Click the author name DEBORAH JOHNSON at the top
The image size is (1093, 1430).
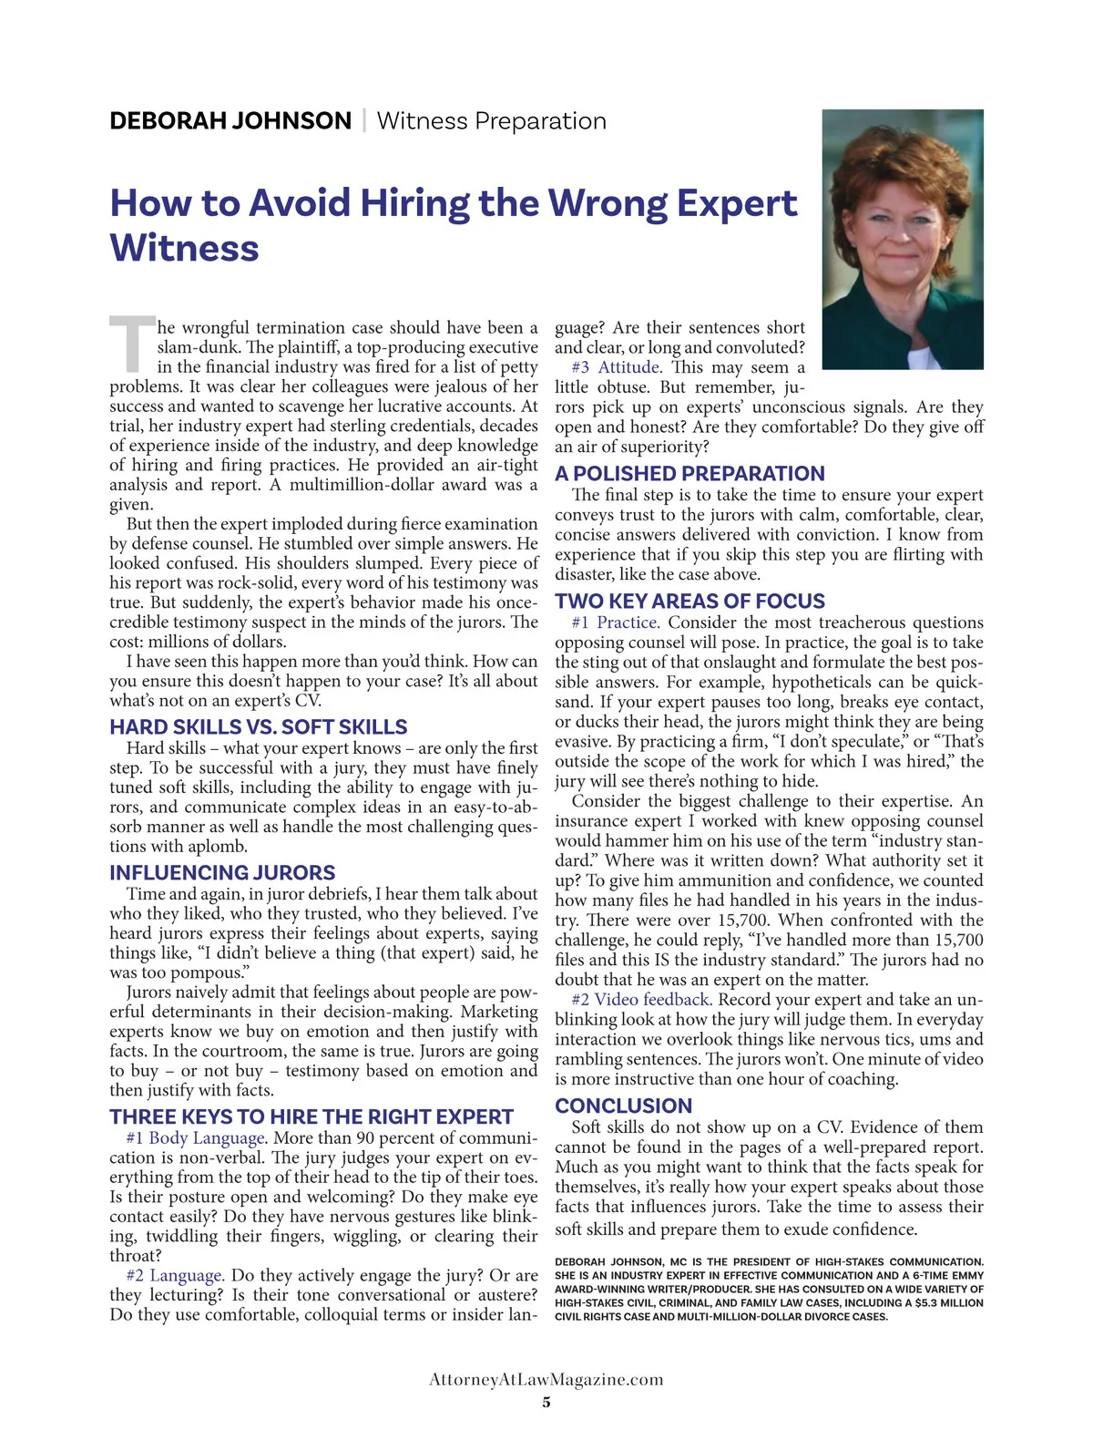pyautogui.click(x=230, y=121)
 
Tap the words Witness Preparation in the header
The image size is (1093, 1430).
pyautogui.click(x=491, y=121)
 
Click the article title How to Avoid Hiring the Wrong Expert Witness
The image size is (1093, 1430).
pyautogui.click(x=453, y=225)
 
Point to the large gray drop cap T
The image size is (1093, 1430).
pyautogui.click(x=132, y=345)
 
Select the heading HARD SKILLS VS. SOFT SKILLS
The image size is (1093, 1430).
pyautogui.click(x=258, y=727)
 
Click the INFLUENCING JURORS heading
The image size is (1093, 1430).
pyautogui.click(x=222, y=873)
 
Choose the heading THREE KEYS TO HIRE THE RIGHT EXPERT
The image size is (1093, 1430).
pyautogui.click(x=312, y=1117)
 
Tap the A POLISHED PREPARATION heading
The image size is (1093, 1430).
pyautogui.click(x=690, y=474)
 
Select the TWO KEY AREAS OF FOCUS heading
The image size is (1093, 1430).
pyautogui.click(x=690, y=602)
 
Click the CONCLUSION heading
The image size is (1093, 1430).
pyautogui.click(x=623, y=1106)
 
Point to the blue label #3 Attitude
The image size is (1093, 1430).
pyautogui.click(x=617, y=367)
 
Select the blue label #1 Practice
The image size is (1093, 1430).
pyautogui.click(x=615, y=622)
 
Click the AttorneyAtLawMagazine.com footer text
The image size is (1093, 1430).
pyautogui.click(x=546, y=1380)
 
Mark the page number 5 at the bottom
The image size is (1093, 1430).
pyautogui.click(x=546, y=1403)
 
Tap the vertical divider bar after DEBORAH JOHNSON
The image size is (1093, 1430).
pyautogui.click(x=364, y=121)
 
